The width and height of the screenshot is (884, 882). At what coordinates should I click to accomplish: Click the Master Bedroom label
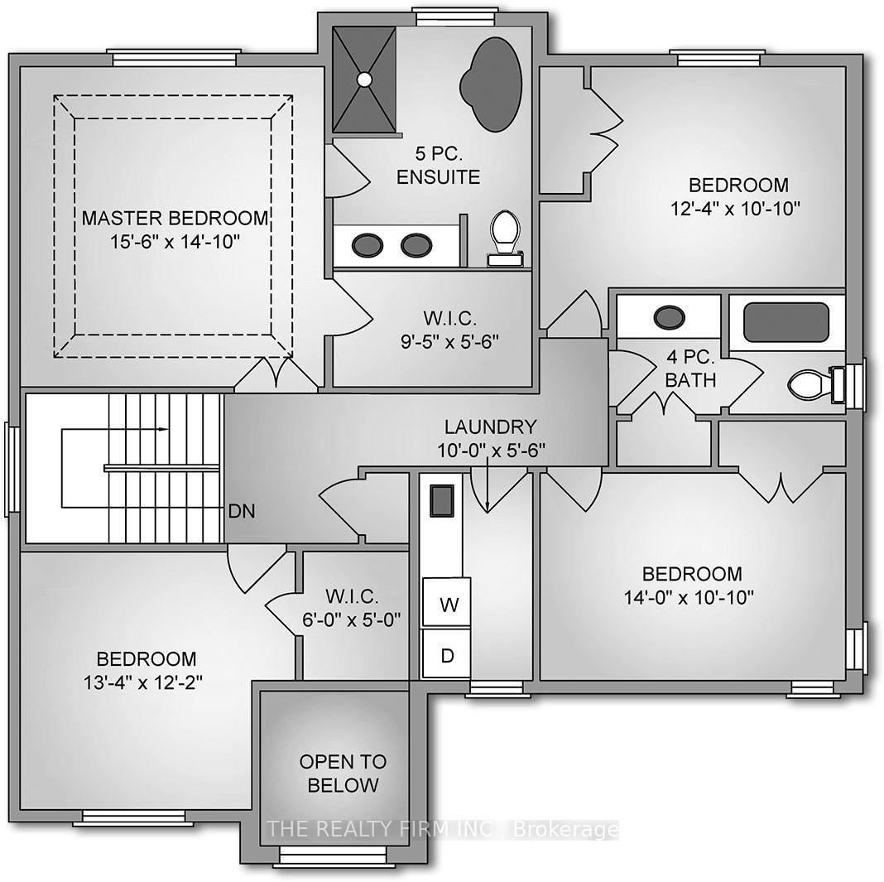(175, 219)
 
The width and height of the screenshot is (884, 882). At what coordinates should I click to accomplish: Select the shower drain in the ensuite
(364, 80)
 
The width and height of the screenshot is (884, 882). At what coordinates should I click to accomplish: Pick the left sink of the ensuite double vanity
(367, 244)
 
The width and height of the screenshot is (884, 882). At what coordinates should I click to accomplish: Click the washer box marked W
(448, 605)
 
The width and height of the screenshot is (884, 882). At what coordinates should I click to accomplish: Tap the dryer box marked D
(447, 656)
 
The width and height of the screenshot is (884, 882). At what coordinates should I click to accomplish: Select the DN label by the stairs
(243, 511)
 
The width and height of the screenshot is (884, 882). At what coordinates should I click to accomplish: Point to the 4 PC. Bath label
(690, 369)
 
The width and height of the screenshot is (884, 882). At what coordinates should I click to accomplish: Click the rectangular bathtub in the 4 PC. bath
(786, 322)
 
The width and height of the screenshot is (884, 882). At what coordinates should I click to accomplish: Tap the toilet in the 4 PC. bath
(810, 384)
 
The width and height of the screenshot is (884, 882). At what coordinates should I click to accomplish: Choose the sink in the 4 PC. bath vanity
(669, 317)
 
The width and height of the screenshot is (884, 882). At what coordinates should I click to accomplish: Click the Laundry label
(490, 427)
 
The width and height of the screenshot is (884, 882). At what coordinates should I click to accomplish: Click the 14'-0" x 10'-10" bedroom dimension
(693, 596)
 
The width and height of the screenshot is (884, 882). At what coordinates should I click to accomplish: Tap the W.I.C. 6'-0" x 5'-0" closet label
(353, 607)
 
